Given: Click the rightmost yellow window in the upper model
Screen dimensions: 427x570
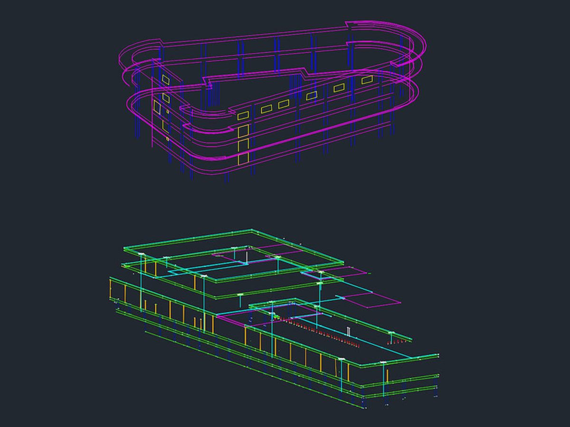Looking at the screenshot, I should click(x=367, y=80).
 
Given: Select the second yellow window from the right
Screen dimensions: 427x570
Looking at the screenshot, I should click(x=339, y=87).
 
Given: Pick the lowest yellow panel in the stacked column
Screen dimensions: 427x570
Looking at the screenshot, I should click(x=243, y=158).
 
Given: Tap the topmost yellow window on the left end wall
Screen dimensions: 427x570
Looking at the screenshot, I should click(x=165, y=79).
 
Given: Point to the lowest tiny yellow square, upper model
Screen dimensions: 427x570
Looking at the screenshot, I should click(x=167, y=139).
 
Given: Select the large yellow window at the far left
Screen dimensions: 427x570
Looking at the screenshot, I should click(x=157, y=107).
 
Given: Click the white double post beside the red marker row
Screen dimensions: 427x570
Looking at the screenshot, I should click(x=349, y=331).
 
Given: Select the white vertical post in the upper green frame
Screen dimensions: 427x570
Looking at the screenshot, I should click(x=246, y=257).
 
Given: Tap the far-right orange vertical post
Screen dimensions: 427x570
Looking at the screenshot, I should click(x=387, y=375).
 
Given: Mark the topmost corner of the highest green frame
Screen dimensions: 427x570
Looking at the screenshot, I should click(x=251, y=231).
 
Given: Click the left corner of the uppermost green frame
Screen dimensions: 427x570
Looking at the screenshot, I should click(x=124, y=248).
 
